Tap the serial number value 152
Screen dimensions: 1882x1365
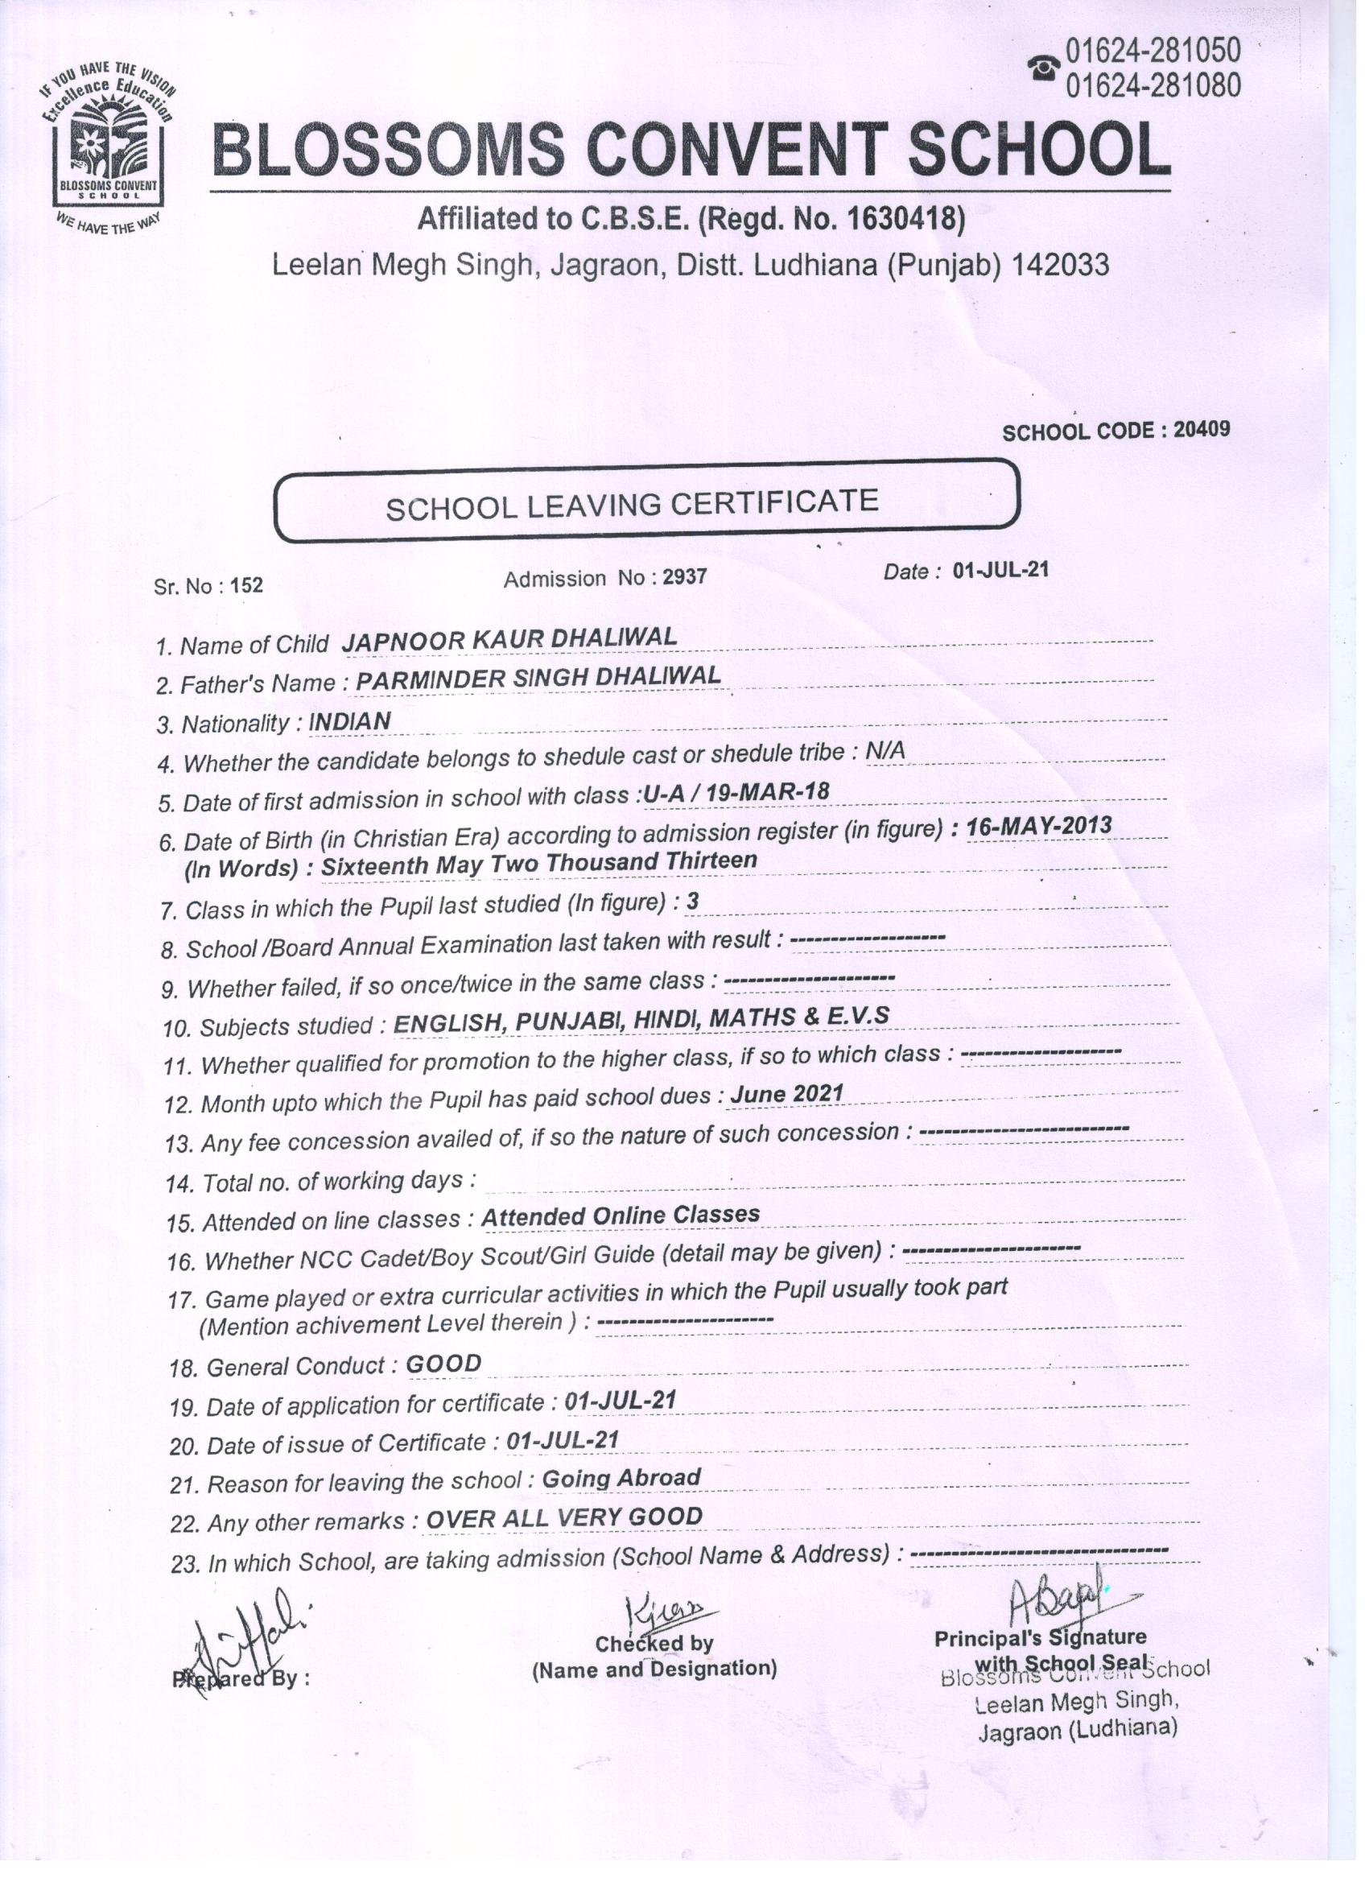(246, 585)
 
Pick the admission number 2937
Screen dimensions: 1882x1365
(685, 576)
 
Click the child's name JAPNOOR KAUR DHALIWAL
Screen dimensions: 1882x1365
(509, 638)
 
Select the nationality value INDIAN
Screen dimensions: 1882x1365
(349, 722)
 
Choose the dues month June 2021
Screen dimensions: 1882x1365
(786, 1095)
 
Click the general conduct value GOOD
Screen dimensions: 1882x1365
(444, 1364)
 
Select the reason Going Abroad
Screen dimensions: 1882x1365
(621, 1478)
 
